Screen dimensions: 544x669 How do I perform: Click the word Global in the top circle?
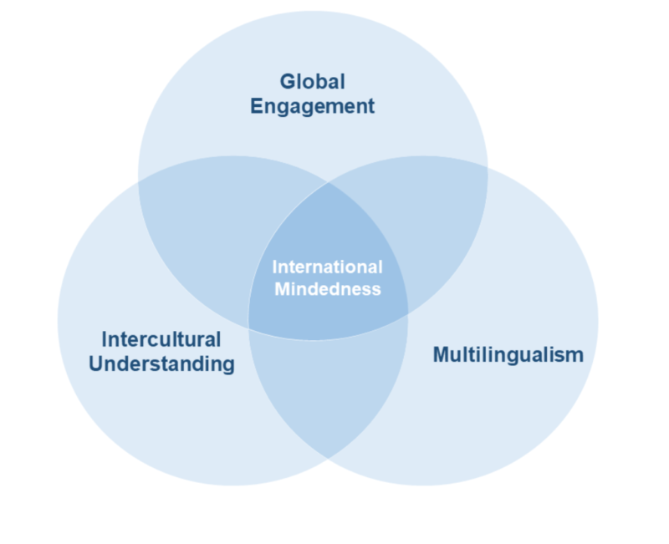click(x=312, y=82)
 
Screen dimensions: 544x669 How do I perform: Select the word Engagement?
click(x=312, y=107)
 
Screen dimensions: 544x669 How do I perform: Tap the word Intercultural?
click(x=161, y=339)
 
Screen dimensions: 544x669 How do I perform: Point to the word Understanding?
click(x=161, y=364)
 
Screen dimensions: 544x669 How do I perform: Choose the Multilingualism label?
click(x=508, y=354)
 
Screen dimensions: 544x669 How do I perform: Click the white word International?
click(x=328, y=267)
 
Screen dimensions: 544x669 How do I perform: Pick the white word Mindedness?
click(x=328, y=289)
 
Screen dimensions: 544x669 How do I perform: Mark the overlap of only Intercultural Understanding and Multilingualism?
click(x=328, y=393)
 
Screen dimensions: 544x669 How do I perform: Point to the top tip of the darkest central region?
click(x=327, y=183)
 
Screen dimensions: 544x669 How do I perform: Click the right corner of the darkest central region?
click(x=407, y=314)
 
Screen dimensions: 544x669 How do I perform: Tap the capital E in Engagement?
click(x=257, y=107)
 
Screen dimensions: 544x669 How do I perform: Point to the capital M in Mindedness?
click(x=280, y=289)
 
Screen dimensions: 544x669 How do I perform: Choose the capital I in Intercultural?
click(x=105, y=339)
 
